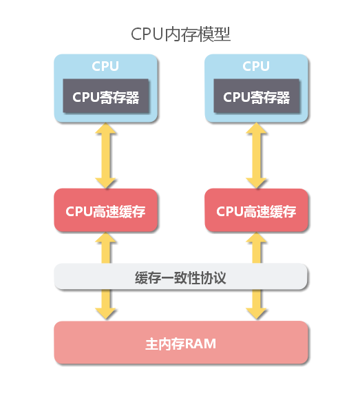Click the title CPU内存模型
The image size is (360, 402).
pos(180,34)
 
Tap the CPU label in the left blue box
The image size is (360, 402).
pos(105,66)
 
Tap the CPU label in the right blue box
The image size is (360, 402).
pos(256,66)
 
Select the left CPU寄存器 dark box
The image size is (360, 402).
pos(106,96)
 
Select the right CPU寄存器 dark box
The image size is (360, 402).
pos(257,96)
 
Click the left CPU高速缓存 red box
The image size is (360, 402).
pos(105,210)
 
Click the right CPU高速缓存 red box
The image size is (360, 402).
pos(257,210)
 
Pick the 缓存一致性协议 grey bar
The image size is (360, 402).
pos(181,277)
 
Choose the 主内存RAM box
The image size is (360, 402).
pos(181,342)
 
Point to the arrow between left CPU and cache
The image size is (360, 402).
pos(105,156)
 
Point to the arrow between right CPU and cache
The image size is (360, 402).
pos(257,156)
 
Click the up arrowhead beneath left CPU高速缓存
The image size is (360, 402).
pos(105,237)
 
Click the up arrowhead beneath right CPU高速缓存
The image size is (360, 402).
pos(257,237)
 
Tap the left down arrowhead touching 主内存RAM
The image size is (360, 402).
pos(105,314)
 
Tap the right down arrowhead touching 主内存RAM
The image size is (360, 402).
pos(257,314)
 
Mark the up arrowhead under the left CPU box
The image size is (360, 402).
pos(105,128)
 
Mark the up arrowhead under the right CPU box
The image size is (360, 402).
pos(257,128)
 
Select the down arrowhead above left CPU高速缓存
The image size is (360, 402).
pos(105,183)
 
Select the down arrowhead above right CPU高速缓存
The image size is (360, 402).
pos(257,183)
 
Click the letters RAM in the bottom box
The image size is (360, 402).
pos(200,344)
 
